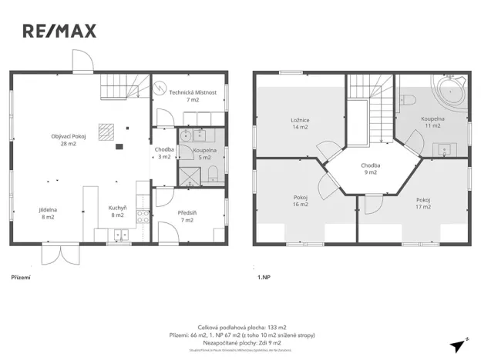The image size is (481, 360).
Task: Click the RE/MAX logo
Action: point(59,31)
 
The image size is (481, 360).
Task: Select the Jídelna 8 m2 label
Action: point(48,213)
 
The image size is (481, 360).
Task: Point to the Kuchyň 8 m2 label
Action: point(117,213)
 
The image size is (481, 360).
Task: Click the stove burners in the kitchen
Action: point(143,216)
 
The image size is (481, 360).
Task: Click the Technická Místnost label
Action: point(193,95)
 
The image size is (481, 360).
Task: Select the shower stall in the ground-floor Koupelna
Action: point(188,176)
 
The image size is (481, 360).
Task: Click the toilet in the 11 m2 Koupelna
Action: point(410,100)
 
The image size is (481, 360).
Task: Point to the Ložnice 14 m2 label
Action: point(300,123)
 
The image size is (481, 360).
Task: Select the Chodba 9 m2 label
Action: point(370,168)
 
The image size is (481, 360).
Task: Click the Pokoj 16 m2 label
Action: point(300,201)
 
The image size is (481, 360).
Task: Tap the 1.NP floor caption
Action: point(265,275)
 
